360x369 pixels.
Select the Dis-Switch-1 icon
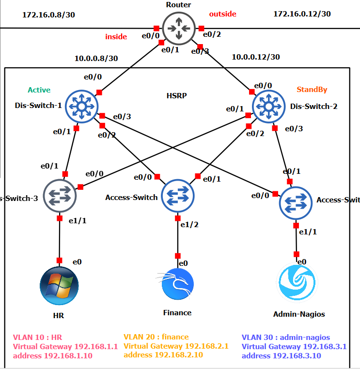click(x=81, y=106)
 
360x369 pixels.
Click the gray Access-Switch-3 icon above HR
click(x=60, y=196)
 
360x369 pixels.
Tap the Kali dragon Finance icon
click(x=177, y=284)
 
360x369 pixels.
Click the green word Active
click(x=39, y=90)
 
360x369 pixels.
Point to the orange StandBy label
click(x=312, y=89)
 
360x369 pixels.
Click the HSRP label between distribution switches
click(x=177, y=95)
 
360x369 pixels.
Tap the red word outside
click(x=222, y=14)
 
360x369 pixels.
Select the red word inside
click(x=116, y=36)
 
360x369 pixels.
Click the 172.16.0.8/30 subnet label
click(x=48, y=15)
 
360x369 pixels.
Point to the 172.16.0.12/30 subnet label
click(x=302, y=14)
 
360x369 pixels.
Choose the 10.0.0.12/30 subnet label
click(x=256, y=57)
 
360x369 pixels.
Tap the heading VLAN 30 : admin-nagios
click(x=285, y=337)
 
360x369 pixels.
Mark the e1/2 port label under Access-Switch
click(x=188, y=224)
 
